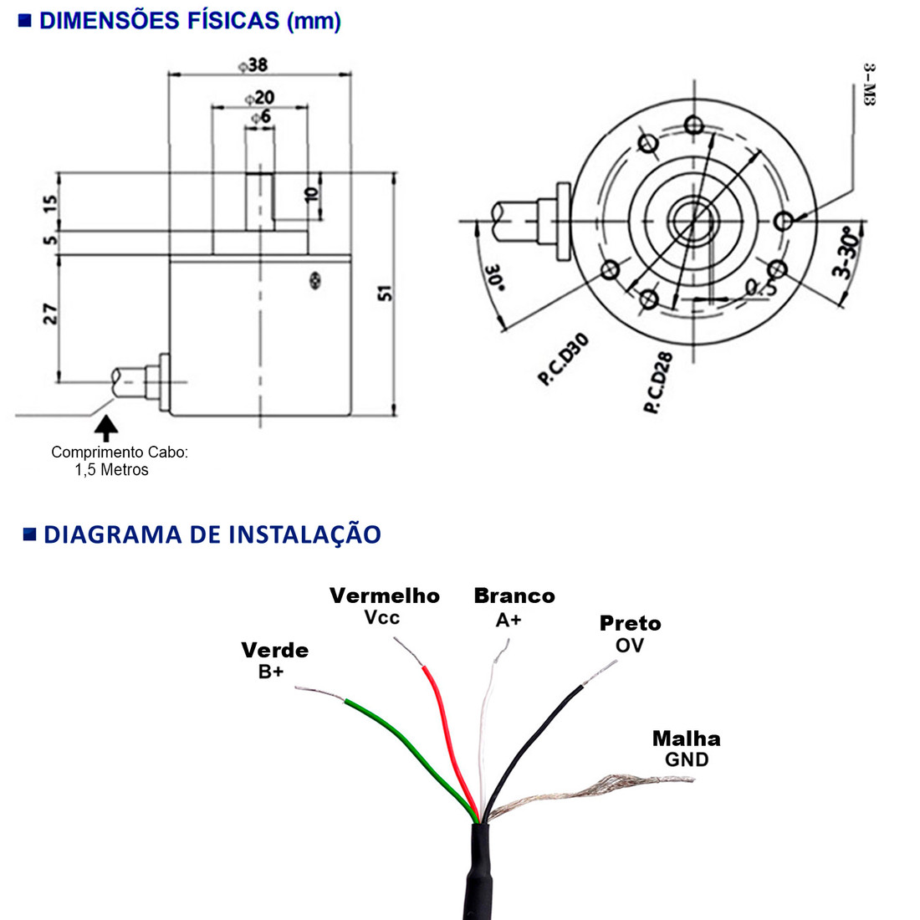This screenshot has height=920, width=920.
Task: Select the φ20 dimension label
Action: click(260, 98)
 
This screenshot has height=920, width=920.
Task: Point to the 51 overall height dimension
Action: click(385, 293)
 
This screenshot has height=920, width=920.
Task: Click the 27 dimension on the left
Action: click(51, 314)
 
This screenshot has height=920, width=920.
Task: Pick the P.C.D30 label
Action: click(564, 360)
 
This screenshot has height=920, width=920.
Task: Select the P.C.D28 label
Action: click(658, 383)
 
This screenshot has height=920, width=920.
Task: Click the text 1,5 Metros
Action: click(111, 470)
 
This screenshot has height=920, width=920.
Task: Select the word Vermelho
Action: click(384, 595)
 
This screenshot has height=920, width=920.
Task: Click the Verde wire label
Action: click(274, 650)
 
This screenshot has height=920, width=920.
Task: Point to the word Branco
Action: click(514, 595)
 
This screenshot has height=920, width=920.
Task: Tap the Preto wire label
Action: click(630, 623)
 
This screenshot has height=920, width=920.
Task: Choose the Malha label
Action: click(686, 739)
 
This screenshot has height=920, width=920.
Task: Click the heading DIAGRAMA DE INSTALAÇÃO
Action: click(212, 534)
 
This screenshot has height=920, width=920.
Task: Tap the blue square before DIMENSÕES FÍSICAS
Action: click(25, 21)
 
